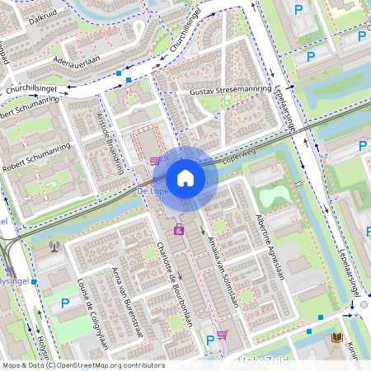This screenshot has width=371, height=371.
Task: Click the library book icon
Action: coord(336,338)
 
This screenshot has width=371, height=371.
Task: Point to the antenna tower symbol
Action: coord(55,245)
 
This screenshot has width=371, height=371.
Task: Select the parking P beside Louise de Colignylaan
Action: coord(64,304)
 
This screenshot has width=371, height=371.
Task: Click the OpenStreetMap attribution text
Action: coord(82,365)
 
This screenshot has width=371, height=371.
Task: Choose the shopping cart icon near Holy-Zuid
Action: coord(221,335)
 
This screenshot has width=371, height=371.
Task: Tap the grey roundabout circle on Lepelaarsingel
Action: coord(364,305)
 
